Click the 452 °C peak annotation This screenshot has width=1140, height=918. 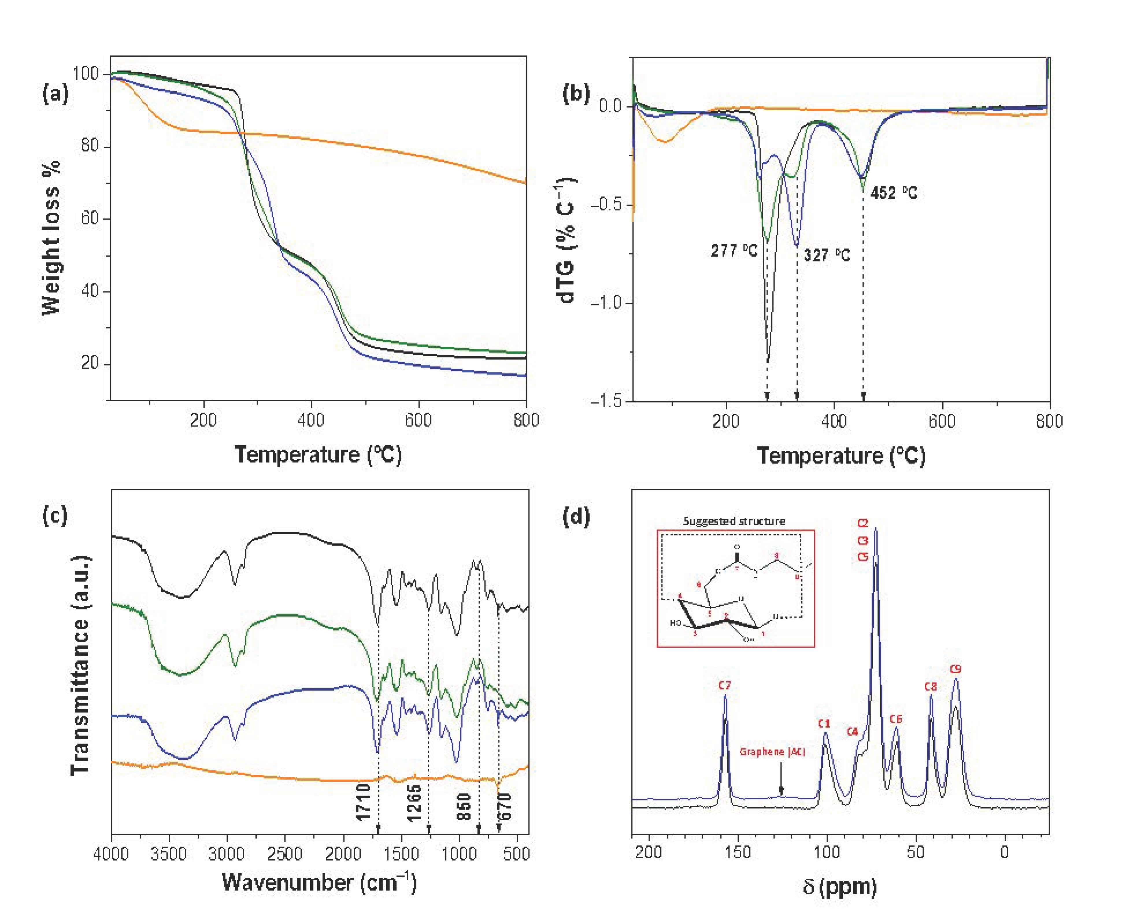click(x=893, y=193)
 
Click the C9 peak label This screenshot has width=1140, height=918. click(x=955, y=670)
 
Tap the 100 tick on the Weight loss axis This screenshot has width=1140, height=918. click(x=86, y=73)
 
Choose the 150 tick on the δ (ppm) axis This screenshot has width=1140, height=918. click(x=738, y=852)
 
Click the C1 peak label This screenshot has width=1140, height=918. click(x=824, y=724)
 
